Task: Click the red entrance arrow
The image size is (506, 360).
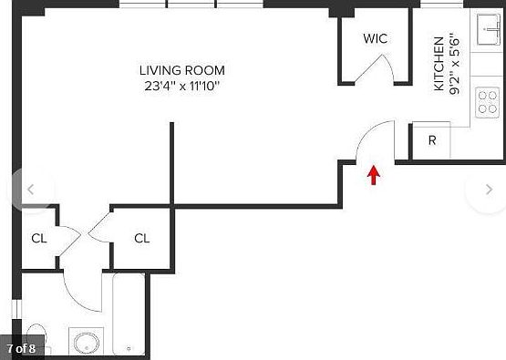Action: coord(374,175)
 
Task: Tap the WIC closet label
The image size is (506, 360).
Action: coord(375,38)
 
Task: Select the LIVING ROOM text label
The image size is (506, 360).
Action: coord(182,70)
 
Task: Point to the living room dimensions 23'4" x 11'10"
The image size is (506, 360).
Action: coord(181,87)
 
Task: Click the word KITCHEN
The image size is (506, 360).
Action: coord(439,64)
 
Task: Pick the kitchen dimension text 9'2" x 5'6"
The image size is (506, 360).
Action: coord(454,64)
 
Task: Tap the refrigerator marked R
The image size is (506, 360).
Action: coord(431,140)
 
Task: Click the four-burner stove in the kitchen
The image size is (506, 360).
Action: coord(487,103)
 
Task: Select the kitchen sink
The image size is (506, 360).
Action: coord(489,29)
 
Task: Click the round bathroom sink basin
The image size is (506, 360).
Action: coord(87,343)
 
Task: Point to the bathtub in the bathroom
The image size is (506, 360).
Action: coord(129,314)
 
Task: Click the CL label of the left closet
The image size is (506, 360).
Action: coord(39,239)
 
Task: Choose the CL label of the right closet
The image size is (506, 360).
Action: coord(141,239)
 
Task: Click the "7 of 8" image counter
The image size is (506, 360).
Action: coord(21,349)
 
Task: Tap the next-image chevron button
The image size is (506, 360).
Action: coord(489,190)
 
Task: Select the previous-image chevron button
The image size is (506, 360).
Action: coord(31,190)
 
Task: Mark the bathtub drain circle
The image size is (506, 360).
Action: coord(129,348)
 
